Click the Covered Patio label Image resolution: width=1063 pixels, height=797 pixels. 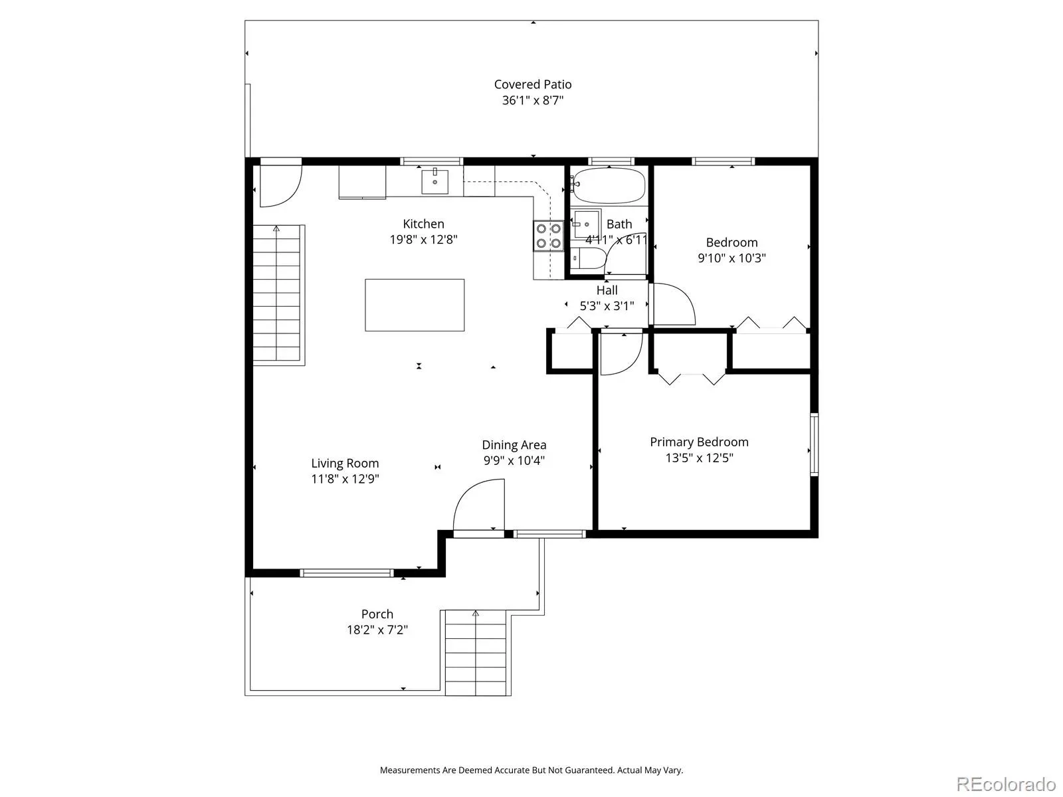(532, 84)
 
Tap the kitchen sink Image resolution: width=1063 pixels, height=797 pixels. (435, 181)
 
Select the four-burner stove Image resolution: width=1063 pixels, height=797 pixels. (548, 236)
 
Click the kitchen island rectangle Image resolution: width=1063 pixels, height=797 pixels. (415, 305)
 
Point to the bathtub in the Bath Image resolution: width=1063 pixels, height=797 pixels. (609, 186)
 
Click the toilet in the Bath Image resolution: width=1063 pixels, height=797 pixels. (587, 259)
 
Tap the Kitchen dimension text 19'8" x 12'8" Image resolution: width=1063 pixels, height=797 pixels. (423, 240)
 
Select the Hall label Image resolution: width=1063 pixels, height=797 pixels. (607, 290)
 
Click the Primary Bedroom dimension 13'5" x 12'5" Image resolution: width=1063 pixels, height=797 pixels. (700, 458)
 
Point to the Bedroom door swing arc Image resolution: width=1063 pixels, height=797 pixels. (684, 295)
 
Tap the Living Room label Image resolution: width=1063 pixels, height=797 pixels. (345, 463)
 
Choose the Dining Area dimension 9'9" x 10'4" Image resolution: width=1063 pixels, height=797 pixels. (514, 460)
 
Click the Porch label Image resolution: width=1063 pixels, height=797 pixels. (377, 614)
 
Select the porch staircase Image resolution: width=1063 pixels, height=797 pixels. (476, 653)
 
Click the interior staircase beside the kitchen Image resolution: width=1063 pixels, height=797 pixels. (278, 294)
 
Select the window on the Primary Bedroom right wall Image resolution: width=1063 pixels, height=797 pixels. (814, 445)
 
